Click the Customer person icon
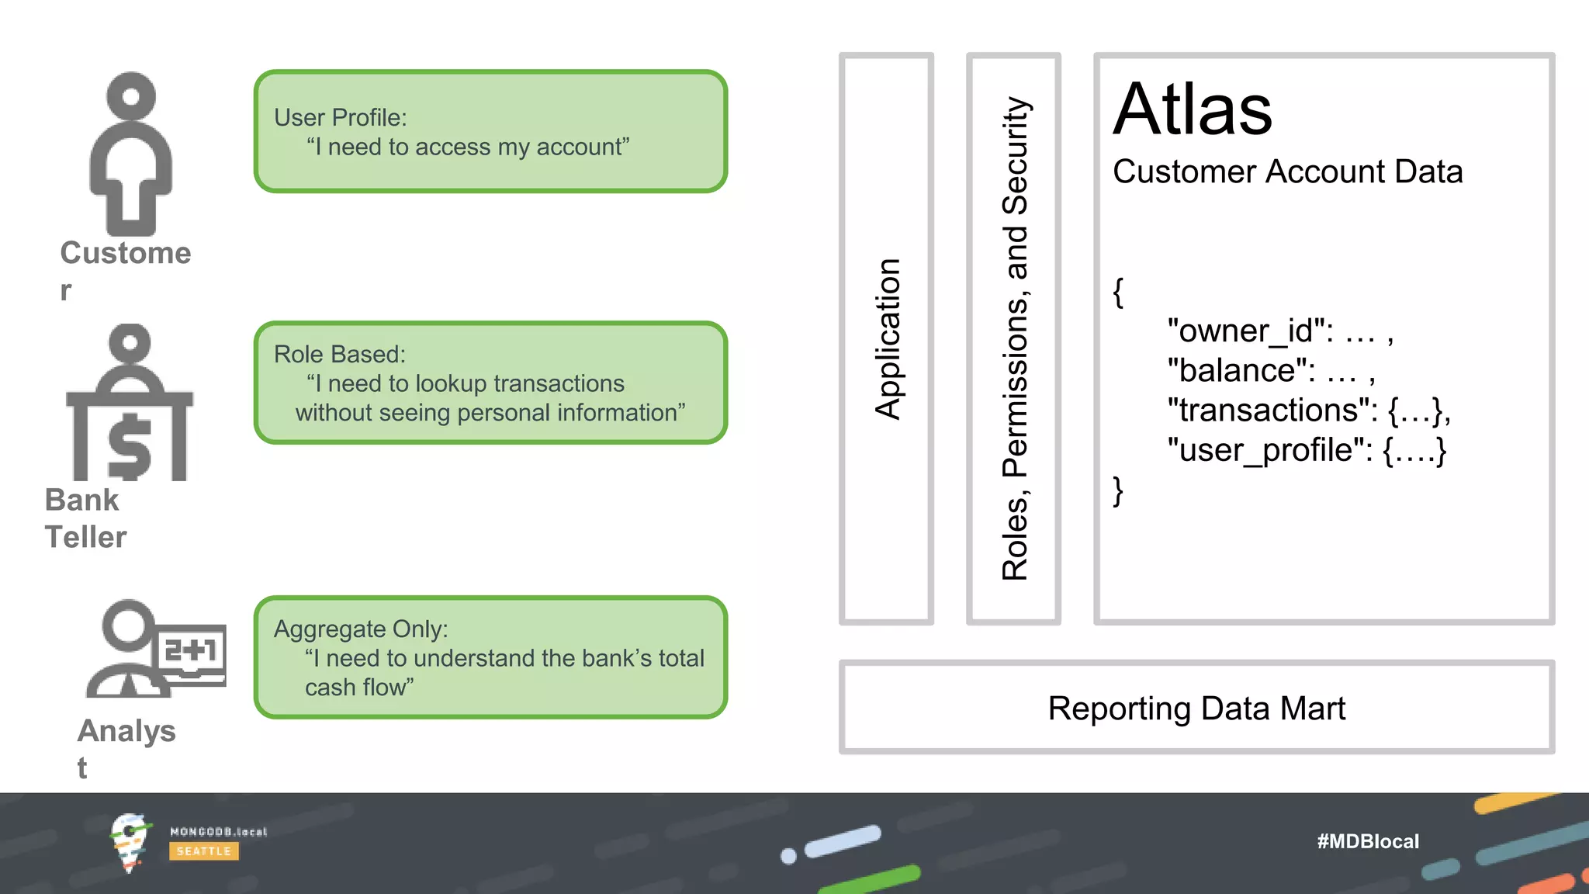pyautogui.click(x=130, y=155)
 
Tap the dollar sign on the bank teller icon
pyautogui.click(x=130, y=445)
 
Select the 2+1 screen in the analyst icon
pyautogui.click(x=191, y=650)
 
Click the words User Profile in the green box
pyautogui.click(x=339, y=118)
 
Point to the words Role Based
pyautogui.click(x=339, y=355)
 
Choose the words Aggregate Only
pyautogui.click(x=360, y=629)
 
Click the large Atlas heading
pyautogui.click(x=1193, y=109)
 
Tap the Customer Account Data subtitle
pyautogui.click(x=1287, y=172)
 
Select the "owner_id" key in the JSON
pyautogui.click(x=1250, y=331)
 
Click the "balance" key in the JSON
pyautogui.click(x=1241, y=371)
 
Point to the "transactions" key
pyautogui.click(x=1272, y=411)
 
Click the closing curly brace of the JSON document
pyautogui.click(x=1118, y=490)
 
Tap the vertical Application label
pyautogui.click(x=887, y=339)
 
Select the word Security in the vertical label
pyautogui.click(x=1014, y=155)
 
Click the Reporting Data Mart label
pyautogui.click(x=1196, y=709)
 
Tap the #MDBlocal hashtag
pyautogui.click(x=1367, y=841)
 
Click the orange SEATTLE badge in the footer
pyautogui.click(x=204, y=851)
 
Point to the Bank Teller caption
pyautogui.click(x=85, y=518)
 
